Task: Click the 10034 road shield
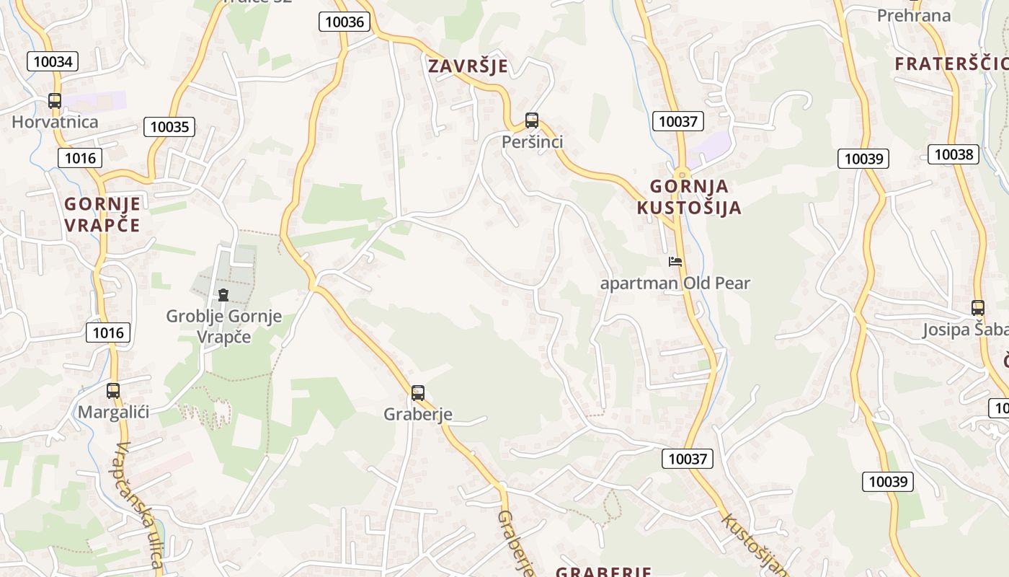pos(53,61)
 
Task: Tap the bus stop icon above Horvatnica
pos(55,101)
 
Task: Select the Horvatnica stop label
pos(55,121)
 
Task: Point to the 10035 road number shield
pos(169,127)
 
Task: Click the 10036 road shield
pos(345,22)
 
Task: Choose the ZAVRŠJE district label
pos(468,66)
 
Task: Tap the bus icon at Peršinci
pos(532,120)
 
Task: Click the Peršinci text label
pos(533,142)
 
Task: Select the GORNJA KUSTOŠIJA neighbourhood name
pos(688,197)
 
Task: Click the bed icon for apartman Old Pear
pos(675,262)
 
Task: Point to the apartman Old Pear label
pos(675,283)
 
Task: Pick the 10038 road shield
pos(953,154)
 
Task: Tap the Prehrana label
pos(913,15)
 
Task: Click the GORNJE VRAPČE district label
pos(102,214)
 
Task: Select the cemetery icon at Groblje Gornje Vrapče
pos(223,294)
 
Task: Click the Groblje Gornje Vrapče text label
pos(223,326)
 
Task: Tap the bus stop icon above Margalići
pos(113,391)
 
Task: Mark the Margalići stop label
pos(113,413)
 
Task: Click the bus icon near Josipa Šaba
pos(978,308)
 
